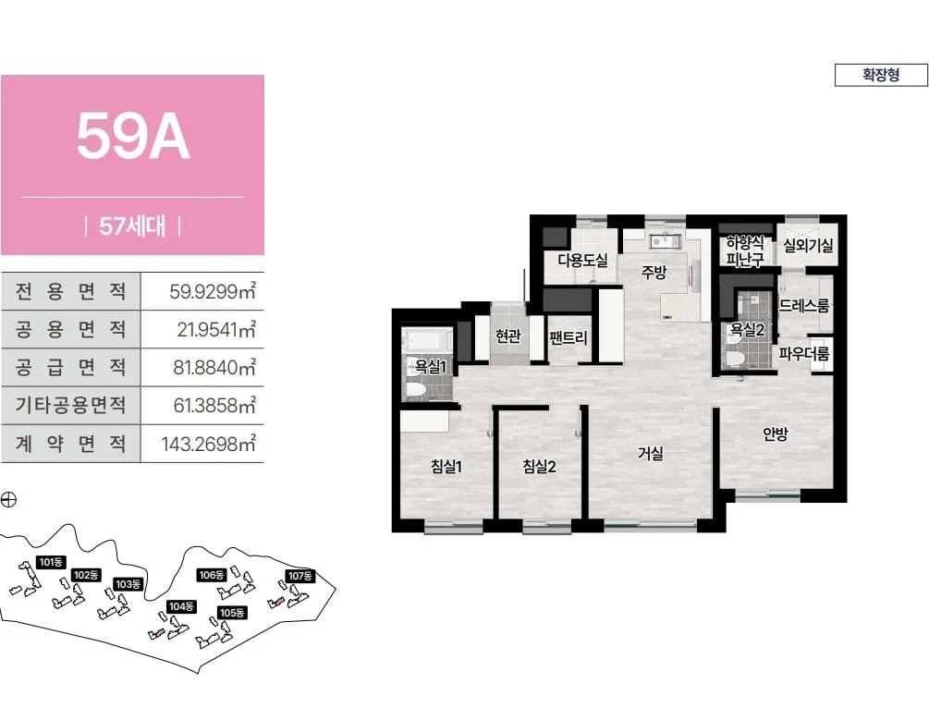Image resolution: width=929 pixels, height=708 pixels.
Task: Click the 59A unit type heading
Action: (x=133, y=138)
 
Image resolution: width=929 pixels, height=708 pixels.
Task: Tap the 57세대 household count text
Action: (x=133, y=226)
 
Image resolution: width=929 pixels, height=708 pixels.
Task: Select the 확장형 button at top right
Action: (x=881, y=75)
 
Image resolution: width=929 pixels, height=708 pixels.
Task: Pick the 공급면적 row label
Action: (x=70, y=367)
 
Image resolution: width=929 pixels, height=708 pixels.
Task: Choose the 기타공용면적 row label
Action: (x=70, y=405)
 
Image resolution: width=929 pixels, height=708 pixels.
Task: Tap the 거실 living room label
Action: (x=651, y=453)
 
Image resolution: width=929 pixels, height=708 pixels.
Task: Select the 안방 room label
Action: (x=775, y=434)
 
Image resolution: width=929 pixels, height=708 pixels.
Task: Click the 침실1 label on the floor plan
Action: (x=446, y=466)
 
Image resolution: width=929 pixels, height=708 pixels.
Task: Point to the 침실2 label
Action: (x=539, y=466)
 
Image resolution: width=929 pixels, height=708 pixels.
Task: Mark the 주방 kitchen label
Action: (x=654, y=272)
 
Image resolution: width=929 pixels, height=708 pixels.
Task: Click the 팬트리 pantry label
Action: (x=568, y=337)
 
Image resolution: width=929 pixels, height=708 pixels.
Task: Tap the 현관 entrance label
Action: (x=507, y=336)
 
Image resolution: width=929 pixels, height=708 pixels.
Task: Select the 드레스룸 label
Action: (x=804, y=306)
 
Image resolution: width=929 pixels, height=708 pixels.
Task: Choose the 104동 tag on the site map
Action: (x=181, y=606)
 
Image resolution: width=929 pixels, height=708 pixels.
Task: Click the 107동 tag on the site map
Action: (x=300, y=575)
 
